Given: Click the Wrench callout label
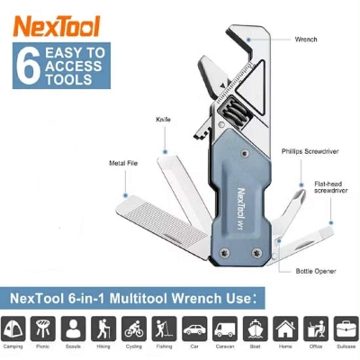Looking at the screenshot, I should (307, 40).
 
